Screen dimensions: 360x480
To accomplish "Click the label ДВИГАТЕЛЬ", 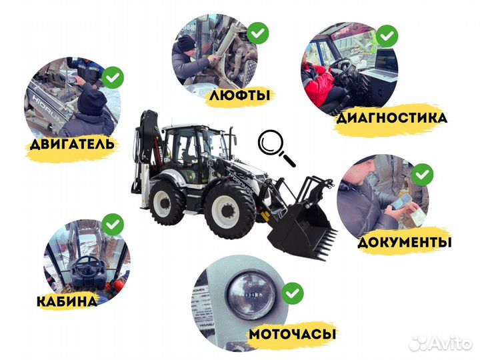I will point(71,143).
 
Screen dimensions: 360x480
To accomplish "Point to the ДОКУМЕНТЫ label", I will point(404,241).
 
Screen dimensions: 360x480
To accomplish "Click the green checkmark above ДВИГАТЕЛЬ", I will point(115,77).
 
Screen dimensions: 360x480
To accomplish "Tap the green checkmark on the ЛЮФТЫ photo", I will point(258,32).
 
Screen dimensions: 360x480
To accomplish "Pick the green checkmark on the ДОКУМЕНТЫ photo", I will point(422,175).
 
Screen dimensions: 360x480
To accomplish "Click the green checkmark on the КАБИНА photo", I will point(113,223).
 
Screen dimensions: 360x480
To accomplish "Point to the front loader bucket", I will point(303,230).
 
